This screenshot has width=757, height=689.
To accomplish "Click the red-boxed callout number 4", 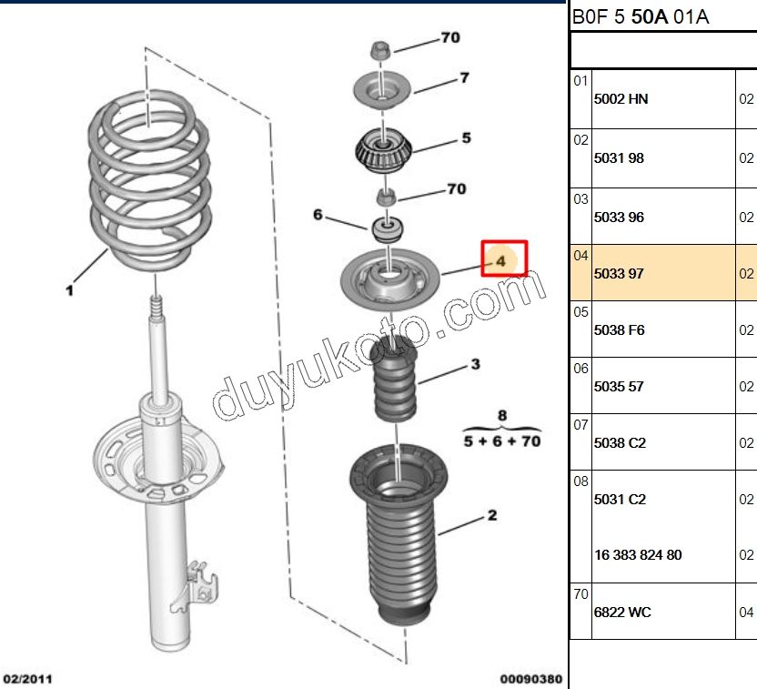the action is (x=500, y=261).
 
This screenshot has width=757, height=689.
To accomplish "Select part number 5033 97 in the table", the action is (x=619, y=274).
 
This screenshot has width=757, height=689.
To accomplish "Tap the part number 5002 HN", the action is (x=621, y=99).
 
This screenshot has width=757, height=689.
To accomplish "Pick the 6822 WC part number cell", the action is (x=622, y=613).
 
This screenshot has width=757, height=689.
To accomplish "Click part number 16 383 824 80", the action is (x=638, y=555).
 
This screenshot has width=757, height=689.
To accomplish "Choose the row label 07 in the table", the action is (x=580, y=425).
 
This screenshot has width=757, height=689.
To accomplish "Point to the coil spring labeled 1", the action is (x=150, y=179).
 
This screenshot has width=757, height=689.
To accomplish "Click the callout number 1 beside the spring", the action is (x=69, y=290).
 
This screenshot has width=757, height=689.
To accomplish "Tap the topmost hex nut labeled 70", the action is (x=381, y=50).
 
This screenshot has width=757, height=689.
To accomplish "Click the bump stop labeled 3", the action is (x=395, y=378).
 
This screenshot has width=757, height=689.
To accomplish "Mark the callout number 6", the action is (x=318, y=215).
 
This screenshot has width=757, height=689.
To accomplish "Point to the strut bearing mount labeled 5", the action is (x=383, y=151).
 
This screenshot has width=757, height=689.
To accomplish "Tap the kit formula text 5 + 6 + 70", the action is (x=502, y=441).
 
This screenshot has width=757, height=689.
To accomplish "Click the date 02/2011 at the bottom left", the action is (x=27, y=679).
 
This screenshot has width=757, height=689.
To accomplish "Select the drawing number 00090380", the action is (x=531, y=679).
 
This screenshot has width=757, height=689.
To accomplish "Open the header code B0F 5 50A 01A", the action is (x=641, y=17).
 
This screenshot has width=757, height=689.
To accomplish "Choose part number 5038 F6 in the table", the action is (x=620, y=330).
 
